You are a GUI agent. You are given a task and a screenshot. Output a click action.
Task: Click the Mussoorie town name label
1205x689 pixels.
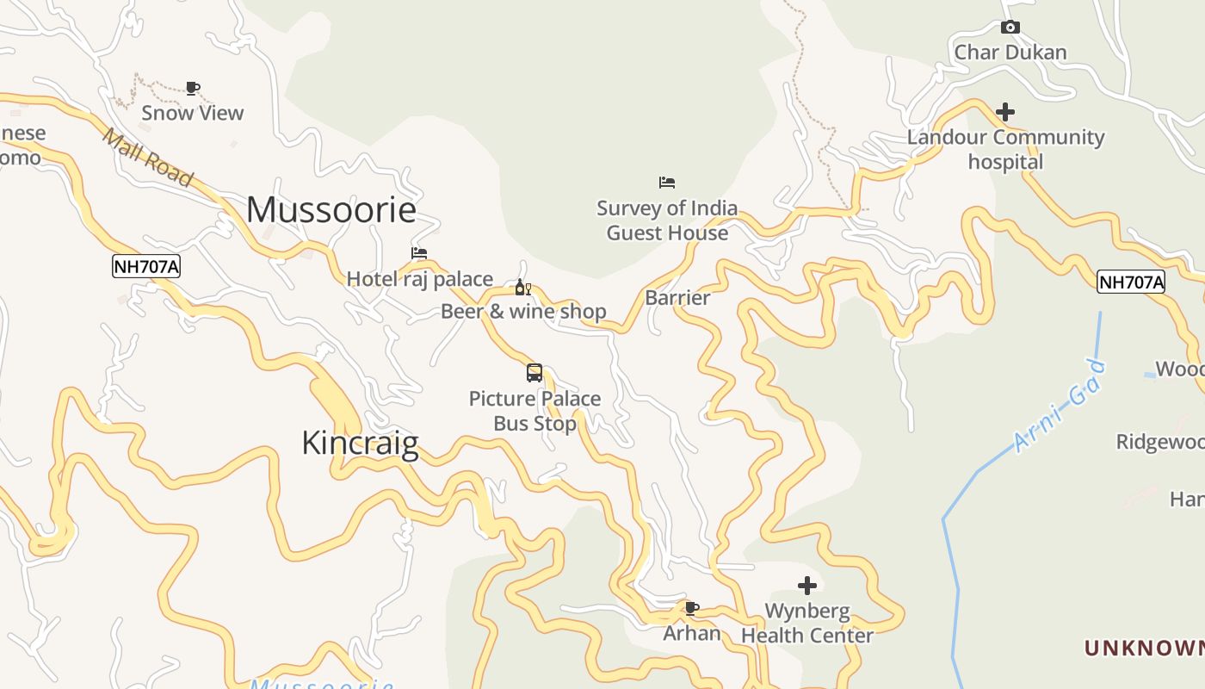[331, 210]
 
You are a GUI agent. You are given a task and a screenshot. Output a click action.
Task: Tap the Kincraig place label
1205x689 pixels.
[360, 443]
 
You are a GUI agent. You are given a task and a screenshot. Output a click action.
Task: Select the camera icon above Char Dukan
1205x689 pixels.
[1010, 28]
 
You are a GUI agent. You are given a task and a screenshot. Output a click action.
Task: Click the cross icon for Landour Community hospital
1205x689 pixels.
[1004, 112]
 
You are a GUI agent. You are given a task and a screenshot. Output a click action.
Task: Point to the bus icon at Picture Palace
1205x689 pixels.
[535, 373]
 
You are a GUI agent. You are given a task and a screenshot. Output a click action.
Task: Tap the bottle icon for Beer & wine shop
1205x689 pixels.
[522, 288]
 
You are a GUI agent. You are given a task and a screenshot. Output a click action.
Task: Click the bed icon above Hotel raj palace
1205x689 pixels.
[419, 253]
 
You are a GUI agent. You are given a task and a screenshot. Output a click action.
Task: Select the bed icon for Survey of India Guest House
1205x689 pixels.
[667, 183]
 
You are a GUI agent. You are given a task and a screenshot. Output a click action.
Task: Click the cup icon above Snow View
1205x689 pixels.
[193, 88]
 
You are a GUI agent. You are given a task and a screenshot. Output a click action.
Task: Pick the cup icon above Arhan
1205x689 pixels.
[691, 608]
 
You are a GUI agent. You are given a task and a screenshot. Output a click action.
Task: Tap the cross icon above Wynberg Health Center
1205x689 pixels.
[806, 586]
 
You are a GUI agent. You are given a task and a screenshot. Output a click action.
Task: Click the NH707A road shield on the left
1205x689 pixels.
[146, 267]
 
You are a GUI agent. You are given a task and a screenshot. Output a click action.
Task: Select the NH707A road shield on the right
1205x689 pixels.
[1130, 282]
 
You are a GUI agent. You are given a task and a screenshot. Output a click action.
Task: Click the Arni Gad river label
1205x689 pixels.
[1060, 405]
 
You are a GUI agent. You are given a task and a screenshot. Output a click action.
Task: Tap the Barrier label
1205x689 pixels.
[677, 298]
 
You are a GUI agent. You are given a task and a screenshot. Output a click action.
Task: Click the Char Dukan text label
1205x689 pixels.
[1010, 53]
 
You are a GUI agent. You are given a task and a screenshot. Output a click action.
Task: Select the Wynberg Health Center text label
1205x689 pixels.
[806, 624]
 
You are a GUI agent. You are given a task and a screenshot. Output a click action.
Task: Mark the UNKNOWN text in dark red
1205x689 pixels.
[1144, 648]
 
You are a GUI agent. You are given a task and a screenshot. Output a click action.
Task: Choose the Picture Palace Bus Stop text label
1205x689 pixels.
[535, 411]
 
